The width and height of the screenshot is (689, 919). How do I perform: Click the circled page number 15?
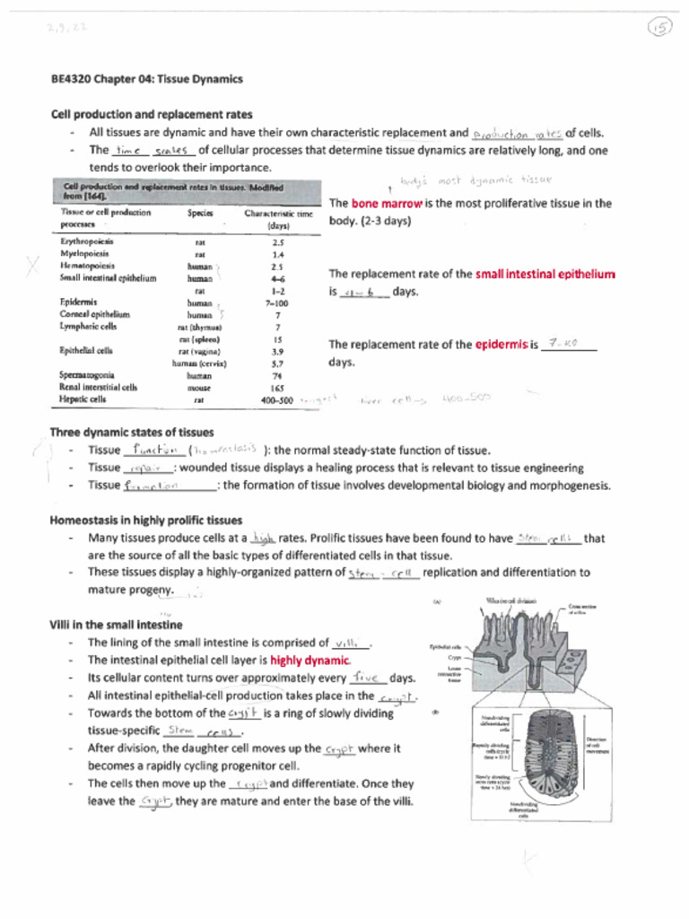(659, 30)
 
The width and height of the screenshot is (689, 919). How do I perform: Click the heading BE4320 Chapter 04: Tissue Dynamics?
(146, 79)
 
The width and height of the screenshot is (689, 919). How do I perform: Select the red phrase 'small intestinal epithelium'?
(545, 274)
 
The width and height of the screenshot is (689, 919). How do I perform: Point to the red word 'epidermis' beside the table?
(501, 345)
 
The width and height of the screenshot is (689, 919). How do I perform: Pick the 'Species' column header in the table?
(200, 214)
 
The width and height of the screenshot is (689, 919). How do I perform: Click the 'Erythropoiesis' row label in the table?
(87, 241)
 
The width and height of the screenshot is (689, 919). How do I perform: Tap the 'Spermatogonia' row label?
(87, 375)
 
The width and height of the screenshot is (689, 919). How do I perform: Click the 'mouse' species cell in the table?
(199, 388)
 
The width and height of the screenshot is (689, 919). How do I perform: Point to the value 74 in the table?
(278, 376)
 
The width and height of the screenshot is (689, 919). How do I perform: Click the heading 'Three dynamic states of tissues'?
(131, 432)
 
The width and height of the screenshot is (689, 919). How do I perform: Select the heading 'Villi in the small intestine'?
(116, 625)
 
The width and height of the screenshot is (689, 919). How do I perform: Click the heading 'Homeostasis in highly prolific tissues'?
(146, 520)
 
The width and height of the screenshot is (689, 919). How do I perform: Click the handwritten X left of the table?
(34, 267)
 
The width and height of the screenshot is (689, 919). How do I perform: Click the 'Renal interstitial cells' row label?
(99, 388)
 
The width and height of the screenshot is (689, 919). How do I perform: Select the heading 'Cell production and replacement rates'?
(152, 114)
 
